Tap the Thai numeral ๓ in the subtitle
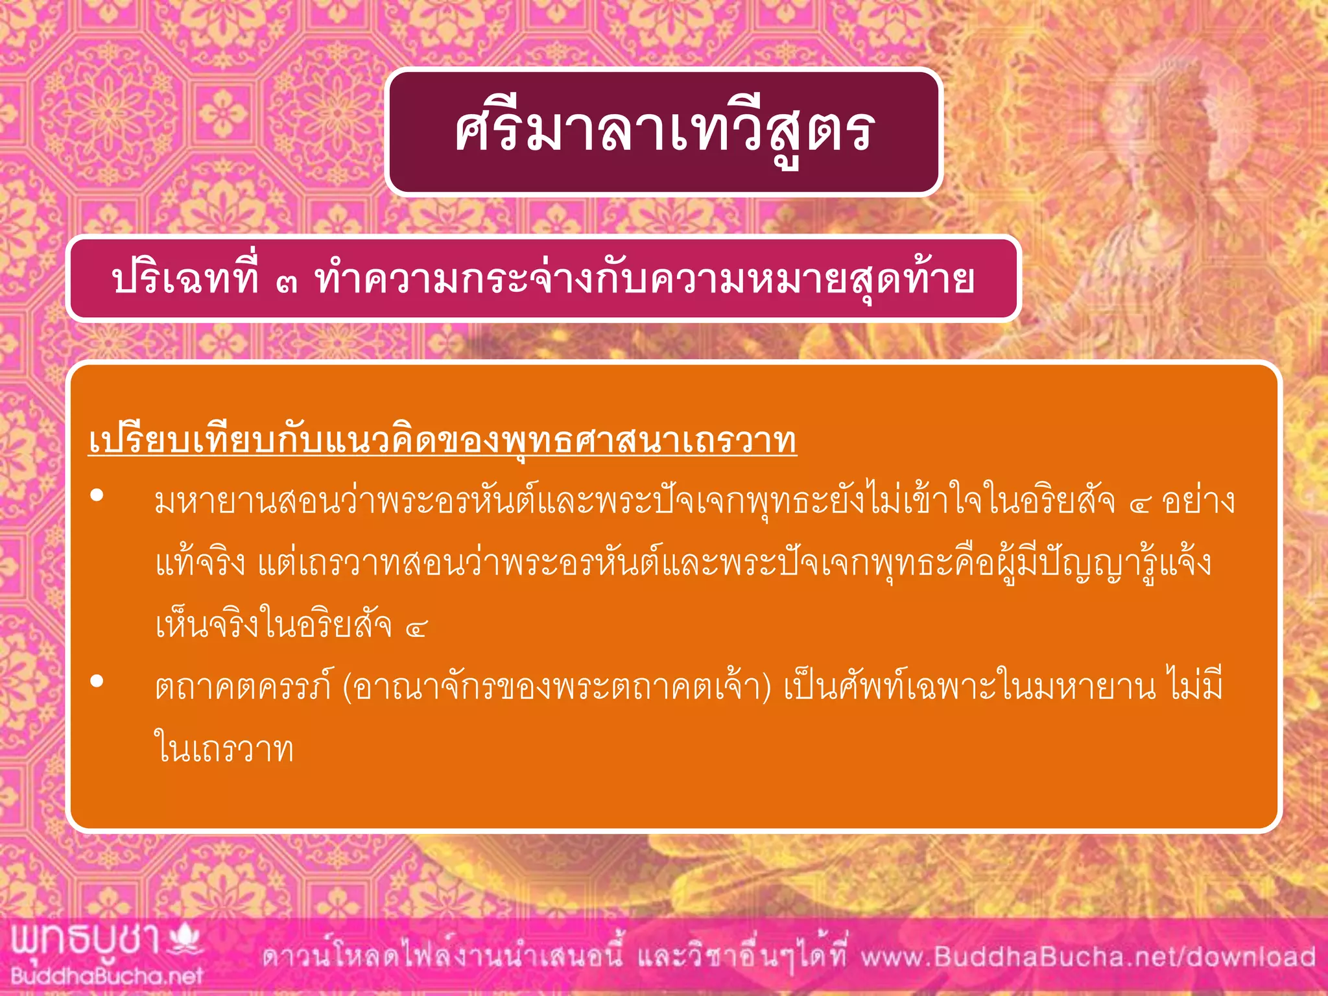(286, 283)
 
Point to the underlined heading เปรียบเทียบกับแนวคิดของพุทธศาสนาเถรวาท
(442, 441)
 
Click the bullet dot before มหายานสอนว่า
(97, 496)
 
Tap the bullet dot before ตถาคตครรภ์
(97, 681)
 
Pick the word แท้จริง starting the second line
(200, 563)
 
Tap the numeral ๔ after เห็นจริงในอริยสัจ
(416, 628)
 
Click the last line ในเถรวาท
(224, 749)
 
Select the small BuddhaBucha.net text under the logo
(107, 975)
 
